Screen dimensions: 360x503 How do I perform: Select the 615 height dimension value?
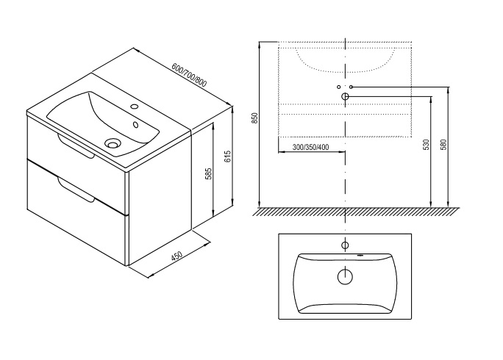pyautogui.click(x=228, y=156)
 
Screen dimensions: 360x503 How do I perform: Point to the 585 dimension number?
pyautogui.click(x=209, y=173)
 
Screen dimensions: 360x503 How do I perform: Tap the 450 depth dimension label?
pyautogui.click(x=176, y=257)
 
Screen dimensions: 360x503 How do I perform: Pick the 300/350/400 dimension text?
pyautogui.click(x=310, y=148)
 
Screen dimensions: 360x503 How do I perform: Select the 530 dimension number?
pyautogui.click(x=427, y=145)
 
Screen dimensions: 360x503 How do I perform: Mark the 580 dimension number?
pyautogui.click(x=443, y=145)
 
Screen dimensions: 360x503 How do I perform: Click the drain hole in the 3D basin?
pyautogui.click(x=113, y=144)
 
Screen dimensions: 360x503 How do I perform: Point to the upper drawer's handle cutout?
pyautogui.click(x=76, y=146)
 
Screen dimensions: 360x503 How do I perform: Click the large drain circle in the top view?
pyautogui.click(x=344, y=277)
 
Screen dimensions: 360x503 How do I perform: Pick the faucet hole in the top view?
pyautogui.click(x=344, y=243)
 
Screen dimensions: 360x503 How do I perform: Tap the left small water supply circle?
pyautogui.click(x=339, y=87)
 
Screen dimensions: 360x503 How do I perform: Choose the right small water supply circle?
pyautogui.click(x=351, y=87)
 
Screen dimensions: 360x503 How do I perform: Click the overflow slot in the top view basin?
pyautogui.click(x=360, y=256)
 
